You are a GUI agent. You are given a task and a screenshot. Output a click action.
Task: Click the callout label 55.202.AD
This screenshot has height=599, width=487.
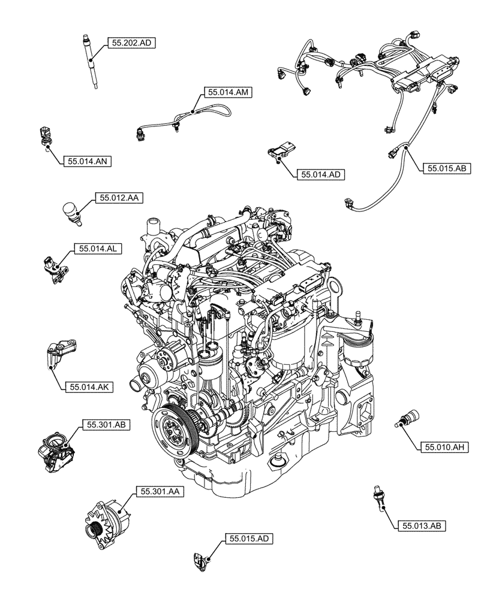pyautogui.click(x=131, y=43)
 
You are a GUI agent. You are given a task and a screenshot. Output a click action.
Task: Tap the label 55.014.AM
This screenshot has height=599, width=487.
pyautogui.click(x=229, y=92)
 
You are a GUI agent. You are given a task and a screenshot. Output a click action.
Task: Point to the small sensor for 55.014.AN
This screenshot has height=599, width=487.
pyautogui.click(x=45, y=137)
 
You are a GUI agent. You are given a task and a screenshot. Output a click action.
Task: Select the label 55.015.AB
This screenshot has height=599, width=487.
pyautogui.click(x=447, y=169)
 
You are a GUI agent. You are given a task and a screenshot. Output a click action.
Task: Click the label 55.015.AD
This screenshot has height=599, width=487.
pyautogui.click(x=249, y=539)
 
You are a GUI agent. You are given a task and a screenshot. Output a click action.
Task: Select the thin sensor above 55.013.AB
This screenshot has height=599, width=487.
pyautogui.click(x=378, y=497)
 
